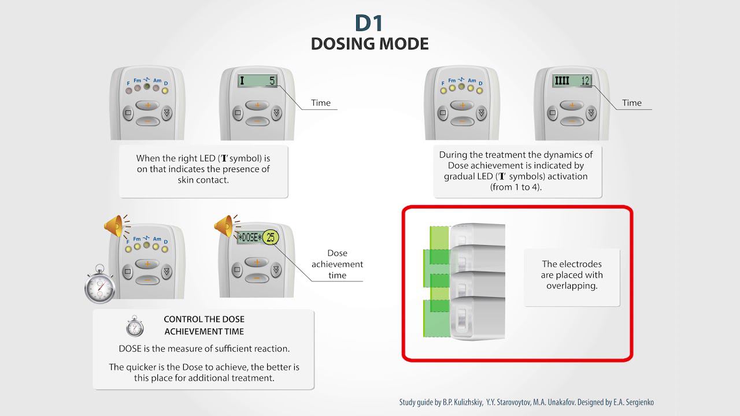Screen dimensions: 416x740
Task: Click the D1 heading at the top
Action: pos(369,23)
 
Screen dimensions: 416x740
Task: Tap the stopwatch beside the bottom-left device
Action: pos(99,285)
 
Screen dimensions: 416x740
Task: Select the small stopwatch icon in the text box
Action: pos(135,326)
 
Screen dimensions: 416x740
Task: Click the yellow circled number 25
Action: pos(271,237)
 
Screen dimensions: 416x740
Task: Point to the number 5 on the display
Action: pos(271,81)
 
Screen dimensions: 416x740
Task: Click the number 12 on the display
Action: pos(585,81)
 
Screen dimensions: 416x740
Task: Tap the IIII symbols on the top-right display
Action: pos(561,81)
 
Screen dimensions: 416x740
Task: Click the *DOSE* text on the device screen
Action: pos(250,237)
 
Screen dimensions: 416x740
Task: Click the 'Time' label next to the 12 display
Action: pos(631,103)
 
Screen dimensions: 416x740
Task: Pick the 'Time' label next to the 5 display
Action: pos(321,103)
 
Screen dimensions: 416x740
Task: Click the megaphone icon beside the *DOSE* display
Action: pos(224,225)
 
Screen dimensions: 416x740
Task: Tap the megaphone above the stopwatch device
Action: pos(114,225)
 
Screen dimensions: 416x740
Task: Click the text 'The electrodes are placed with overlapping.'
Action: pos(572,275)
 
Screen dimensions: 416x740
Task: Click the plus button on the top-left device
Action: pos(147,105)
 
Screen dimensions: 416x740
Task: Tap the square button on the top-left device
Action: pos(128,113)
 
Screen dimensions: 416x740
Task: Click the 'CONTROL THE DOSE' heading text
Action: pos(204,319)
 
